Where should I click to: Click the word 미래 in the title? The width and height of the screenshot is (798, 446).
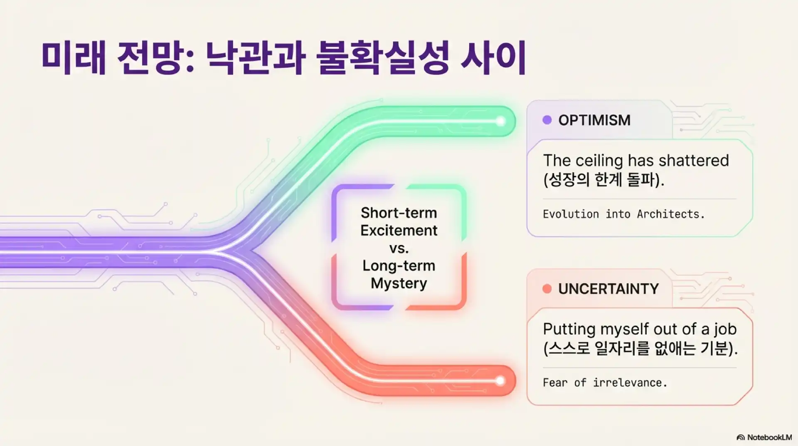tap(74, 58)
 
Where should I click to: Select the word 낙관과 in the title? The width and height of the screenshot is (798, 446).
tap(256, 58)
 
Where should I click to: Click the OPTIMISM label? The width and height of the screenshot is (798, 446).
tap(594, 120)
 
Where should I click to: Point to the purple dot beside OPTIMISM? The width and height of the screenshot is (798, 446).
tap(547, 120)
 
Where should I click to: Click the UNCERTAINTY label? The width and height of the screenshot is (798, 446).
tap(608, 289)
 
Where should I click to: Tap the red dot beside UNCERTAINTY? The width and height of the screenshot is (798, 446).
tap(547, 289)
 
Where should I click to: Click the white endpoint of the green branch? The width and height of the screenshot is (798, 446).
tap(500, 121)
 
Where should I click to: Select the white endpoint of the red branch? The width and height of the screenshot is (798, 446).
tap(500, 381)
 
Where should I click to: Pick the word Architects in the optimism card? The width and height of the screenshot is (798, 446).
tap(671, 214)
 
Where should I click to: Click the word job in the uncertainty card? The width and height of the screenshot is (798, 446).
tap(725, 330)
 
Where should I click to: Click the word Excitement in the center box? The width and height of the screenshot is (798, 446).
tap(399, 230)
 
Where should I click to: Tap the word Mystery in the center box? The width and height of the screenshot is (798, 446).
tap(399, 284)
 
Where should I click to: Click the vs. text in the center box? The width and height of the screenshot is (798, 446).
tap(399, 248)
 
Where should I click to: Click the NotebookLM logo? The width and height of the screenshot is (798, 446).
tap(764, 437)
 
